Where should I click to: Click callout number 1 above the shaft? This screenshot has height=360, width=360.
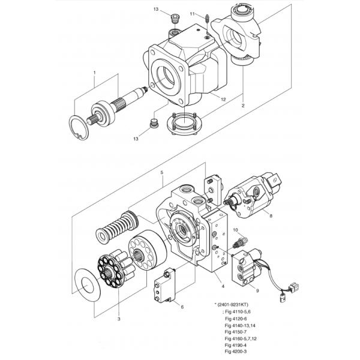point(94,73)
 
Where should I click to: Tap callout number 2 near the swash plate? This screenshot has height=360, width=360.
point(243,106)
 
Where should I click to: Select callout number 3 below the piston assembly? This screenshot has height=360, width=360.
point(119,319)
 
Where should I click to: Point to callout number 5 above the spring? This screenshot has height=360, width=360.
point(162,172)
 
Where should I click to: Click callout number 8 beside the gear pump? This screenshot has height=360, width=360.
point(271,216)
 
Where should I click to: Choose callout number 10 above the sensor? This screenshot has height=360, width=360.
point(236,230)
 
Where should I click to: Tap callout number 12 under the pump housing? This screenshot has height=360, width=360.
point(223,100)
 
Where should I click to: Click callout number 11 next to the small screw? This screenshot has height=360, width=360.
point(192,14)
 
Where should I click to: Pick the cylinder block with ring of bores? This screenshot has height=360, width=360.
point(148,250)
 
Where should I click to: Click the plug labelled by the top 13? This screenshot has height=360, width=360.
point(175,19)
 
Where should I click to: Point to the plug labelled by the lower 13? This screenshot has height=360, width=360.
point(153,123)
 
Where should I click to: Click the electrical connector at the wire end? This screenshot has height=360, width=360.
point(293,287)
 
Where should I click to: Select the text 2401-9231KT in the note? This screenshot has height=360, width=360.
point(233,305)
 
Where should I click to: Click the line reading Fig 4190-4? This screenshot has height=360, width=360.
point(236,345)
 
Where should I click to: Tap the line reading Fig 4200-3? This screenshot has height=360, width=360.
point(236,352)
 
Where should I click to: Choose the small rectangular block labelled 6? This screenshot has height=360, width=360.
point(165,286)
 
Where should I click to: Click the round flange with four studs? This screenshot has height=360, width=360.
point(185,124)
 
